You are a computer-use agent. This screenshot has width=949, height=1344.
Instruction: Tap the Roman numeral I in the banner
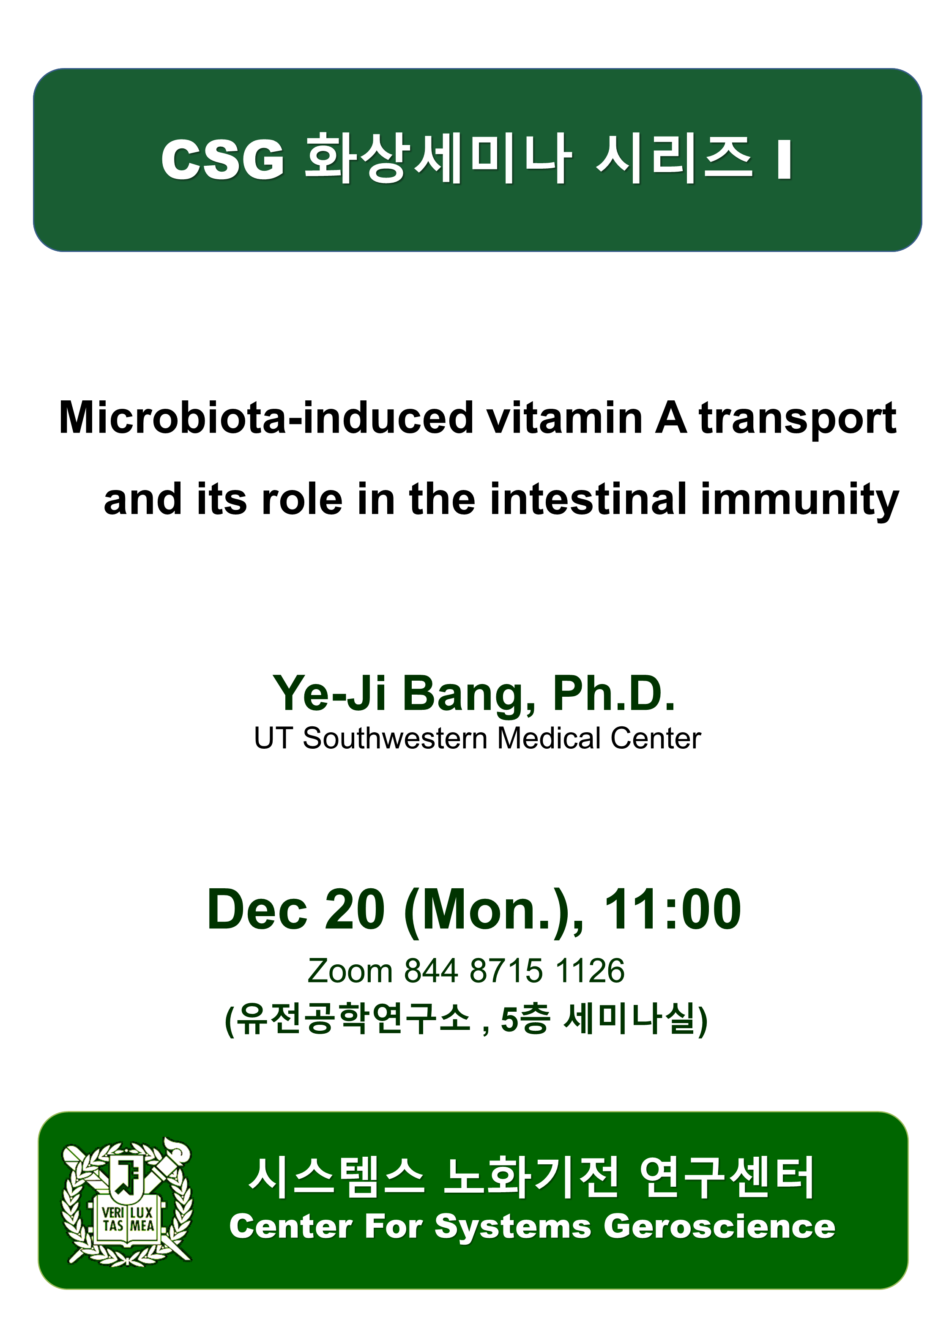click(785, 159)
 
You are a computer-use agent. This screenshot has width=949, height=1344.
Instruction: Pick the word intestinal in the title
click(587, 499)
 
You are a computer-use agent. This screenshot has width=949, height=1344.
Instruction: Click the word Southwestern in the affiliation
click(395, 739)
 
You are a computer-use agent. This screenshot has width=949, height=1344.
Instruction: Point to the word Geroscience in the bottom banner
click(719, 1226)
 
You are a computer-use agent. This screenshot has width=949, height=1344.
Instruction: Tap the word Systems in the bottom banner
click(513, 1227)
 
